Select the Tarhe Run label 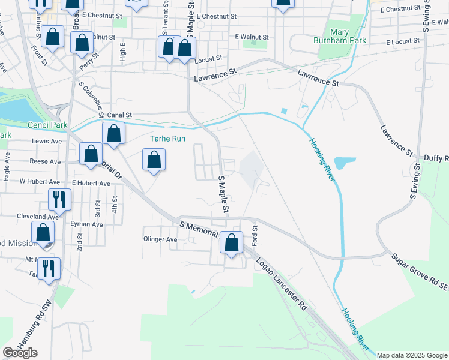click(167, 139)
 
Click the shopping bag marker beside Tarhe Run click(154, 160)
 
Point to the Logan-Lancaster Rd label click(281, 285)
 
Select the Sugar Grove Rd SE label click(420, 271)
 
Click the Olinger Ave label click(160, 239)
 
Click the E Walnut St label click(252, 37)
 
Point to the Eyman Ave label click(88, 224)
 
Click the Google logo click(20, 353)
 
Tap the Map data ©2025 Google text click(411, 355)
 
